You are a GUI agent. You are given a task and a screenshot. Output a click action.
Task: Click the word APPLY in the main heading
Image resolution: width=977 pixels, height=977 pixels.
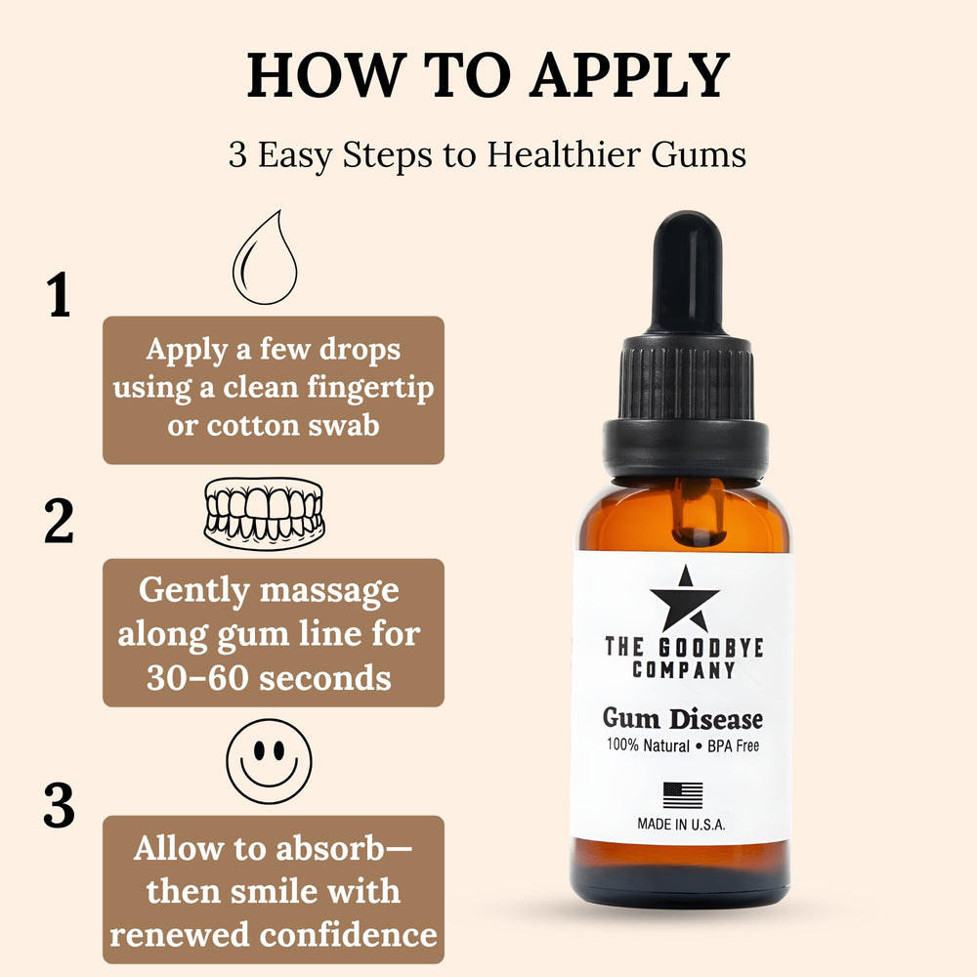[x=629, y=75]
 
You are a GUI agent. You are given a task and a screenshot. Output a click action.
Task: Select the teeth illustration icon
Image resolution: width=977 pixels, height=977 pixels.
[x=264, y=514]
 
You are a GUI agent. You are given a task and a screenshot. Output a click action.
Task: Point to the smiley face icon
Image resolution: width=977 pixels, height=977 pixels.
[x=270, y=761]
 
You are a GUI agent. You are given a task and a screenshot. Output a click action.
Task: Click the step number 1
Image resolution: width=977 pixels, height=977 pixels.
[x=59, y=294]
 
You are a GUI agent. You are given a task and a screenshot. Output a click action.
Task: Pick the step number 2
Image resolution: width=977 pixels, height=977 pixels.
[x=59, y=521]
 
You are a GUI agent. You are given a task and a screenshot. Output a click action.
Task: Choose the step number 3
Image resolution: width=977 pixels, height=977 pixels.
[x=59, y=805]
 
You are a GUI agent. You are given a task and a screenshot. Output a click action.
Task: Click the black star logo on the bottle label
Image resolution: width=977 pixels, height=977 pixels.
[x=685, y=600]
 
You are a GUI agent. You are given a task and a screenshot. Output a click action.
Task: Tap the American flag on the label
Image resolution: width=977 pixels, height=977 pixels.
[x=682, y=795]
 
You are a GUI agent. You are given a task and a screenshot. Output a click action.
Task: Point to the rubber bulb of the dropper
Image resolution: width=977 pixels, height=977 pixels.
[x=687, y=271]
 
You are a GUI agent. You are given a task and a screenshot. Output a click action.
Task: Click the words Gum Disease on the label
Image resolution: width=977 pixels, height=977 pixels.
[x=682, y=719]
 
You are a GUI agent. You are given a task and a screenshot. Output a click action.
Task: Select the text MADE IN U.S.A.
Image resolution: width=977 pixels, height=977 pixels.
[x=681, y=825]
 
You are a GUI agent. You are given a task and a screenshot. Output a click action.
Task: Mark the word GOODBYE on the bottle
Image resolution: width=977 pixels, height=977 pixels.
[x=711, y=648]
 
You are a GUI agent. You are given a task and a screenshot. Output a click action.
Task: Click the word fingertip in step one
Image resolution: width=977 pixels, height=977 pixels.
[x=370, y=388]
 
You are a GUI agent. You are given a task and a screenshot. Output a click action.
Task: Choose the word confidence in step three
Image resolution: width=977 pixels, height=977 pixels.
[x=349, y=935]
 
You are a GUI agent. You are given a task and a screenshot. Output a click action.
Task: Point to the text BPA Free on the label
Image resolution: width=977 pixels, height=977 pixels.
[x=734, y=745]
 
